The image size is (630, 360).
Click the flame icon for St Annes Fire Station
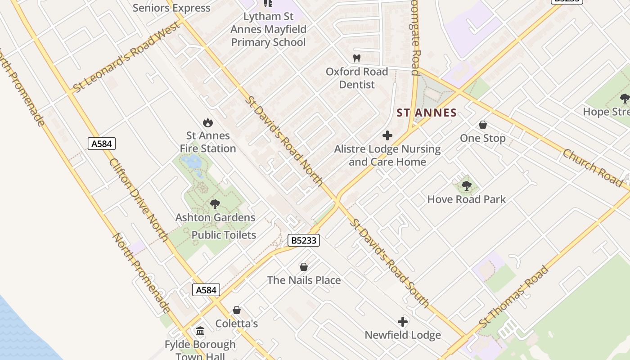(x=207, y=122)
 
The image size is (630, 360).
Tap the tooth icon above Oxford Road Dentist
(x=357, y=58)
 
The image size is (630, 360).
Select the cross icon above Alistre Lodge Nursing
(x=387, y=135)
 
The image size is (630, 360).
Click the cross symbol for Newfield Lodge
(x=403, y=322)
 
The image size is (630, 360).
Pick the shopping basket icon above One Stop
(x=483, y=125)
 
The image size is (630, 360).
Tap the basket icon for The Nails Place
(x=304, y=267)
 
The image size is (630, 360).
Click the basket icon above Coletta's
(x=237, y=310)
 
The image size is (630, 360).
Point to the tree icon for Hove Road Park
(x=467, y=185)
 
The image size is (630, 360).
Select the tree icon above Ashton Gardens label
(x=215, y=204)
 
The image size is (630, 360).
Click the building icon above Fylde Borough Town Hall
(x=200, y=331)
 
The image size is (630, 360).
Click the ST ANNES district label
(x=427, y=113)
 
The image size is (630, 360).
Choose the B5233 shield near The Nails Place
(x=304, y=240)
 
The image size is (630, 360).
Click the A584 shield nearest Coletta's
(x=207, y=290)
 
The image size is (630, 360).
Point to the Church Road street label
(x=592, y=168)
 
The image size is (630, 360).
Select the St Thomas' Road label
(x=514, y=297)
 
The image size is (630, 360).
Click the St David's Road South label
(x=390, y=263)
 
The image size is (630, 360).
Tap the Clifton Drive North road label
(x=138, y=200)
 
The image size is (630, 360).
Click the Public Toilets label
(x=224, y=235)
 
